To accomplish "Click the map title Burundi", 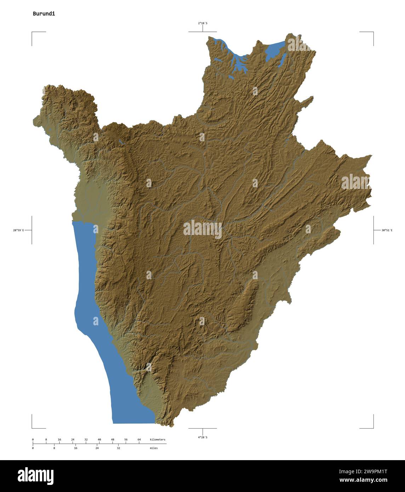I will (44, 14).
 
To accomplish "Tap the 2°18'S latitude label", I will (202, 23).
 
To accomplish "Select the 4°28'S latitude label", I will (202, 437).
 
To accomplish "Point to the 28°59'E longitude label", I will (19, 230).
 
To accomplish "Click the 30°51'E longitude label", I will (387, 230).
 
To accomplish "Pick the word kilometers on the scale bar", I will (158, 440).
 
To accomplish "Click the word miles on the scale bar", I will (154, 448).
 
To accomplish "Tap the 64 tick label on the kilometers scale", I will (139, 440).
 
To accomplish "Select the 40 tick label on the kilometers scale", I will (99, 440).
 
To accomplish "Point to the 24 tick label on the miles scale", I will (97, 448).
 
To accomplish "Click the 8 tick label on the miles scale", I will (54, 448).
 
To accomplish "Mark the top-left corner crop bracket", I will (33, 33).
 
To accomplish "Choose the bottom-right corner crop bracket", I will (373, 427).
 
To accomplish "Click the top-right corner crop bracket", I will (373, 33).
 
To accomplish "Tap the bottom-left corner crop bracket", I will (33, 427).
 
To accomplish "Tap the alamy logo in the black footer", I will (36, 476).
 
